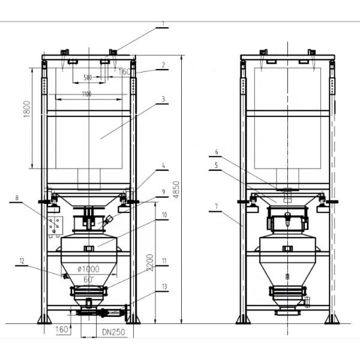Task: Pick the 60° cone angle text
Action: [89, 279]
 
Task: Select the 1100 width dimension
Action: [87, 94]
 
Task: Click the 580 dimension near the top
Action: [88, 77]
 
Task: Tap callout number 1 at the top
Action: [162, 25]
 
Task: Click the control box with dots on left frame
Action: [55, 226]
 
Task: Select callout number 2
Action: [163, 64]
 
